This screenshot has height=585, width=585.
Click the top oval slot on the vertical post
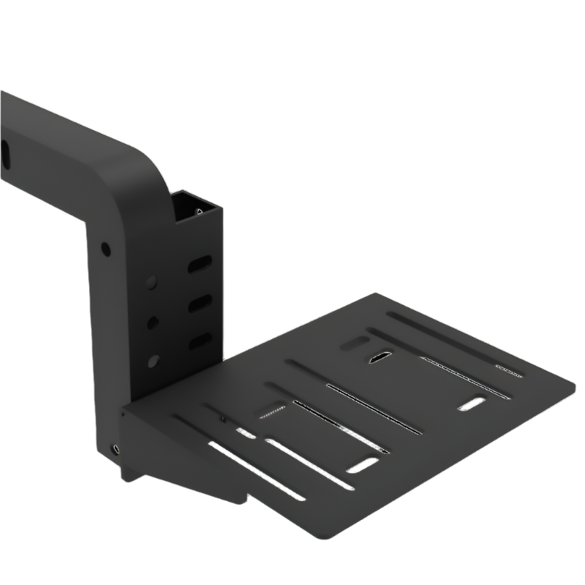(x=200, y=264)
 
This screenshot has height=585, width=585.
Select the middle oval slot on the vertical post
(x=200, y=303)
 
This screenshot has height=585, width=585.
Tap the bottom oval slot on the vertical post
(x=200, y=341)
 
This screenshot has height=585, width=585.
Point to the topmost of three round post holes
(x=152, y=282)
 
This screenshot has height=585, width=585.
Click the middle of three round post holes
(x=152, y=322)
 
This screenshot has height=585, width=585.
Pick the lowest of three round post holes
(x=153, y=361)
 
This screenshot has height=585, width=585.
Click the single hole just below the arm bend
(x=106, y=249)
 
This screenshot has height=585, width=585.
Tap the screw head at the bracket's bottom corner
(x=115, y=449)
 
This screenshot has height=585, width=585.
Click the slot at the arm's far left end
(x=4, y=154)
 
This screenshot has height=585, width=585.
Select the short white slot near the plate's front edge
(x=363, y=464)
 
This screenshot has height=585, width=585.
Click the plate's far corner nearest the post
(x=378, y=295)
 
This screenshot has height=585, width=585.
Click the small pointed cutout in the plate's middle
(x=380, y=359)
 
